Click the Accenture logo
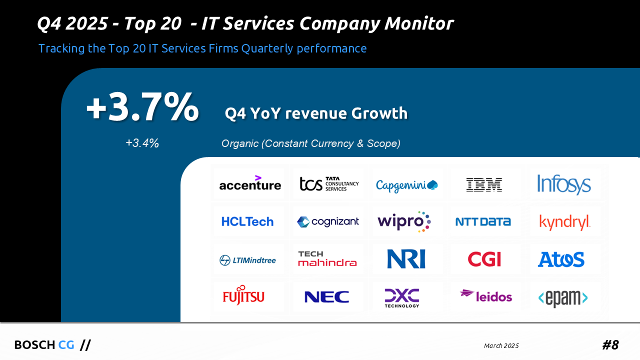(249, 184)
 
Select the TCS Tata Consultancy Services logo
(329, 184)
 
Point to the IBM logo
(483, 184)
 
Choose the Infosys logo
(563, 184)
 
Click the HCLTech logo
(247, 221)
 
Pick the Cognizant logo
(328, 221)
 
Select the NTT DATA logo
(483, 221)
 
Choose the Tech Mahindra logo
(327, 258)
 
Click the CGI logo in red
(484, 259)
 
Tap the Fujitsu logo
(243, 295)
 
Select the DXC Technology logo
(402, 297)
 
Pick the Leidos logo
(486, 296)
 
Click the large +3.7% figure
(142, 107)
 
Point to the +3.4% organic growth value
(142, 143)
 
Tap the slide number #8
(610, 345)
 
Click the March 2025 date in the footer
(501, 346)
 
